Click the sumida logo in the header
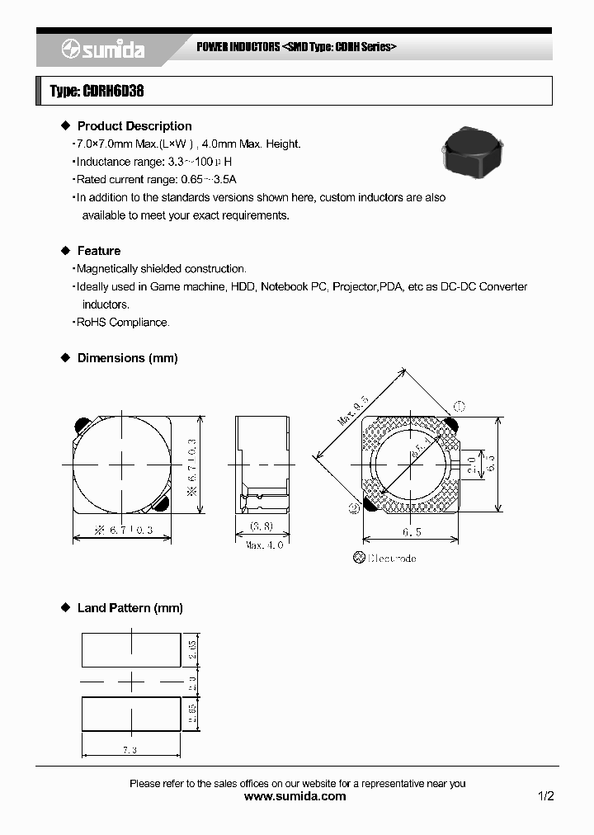click(102, 50)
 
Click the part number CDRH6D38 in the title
click(113, 92)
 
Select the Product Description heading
click(134, 126)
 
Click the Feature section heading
click(98, 251)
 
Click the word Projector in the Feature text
click(355, 287)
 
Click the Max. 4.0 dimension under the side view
click(264, 545)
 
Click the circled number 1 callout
click(460, 406)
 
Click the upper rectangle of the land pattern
click(131, 649)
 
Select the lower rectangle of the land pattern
click(131, 714)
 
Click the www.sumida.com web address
click(296, 796)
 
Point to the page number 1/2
click(545, 796)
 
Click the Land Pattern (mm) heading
click(130, 608)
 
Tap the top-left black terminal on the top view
click(82, 425)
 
